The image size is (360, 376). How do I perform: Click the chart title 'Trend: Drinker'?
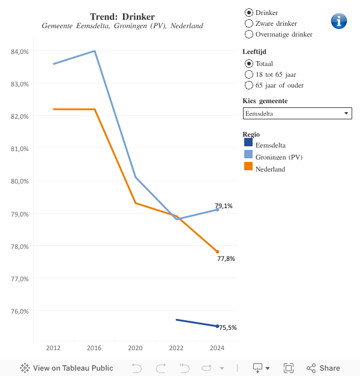tap(122, 16)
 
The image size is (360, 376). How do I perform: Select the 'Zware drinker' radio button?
tap(249, 23)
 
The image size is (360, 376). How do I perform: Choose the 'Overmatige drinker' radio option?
tap(249, 34)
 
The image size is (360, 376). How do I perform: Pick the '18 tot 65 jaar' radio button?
tap(249, 74)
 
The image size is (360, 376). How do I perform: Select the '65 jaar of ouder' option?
tap(249, 85)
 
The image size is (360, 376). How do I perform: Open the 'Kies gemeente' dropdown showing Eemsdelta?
tap(297, 113)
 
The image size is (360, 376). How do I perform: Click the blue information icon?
tap(339, 21)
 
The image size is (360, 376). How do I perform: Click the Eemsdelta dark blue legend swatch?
tap(248, 143)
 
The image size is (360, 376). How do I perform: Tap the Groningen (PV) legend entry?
tap(279, 157)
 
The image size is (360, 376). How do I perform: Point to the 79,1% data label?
tap(224, 206)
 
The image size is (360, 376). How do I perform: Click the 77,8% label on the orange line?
tap(226, 259)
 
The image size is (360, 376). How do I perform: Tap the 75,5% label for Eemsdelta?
tap(228, 328)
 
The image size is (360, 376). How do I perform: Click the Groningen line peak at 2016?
tap(94, 51)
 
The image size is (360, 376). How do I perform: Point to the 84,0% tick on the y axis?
tap(20, 52)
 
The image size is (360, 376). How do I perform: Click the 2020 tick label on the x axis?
tap(135, 348)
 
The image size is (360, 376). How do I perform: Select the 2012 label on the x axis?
tap(53, 348)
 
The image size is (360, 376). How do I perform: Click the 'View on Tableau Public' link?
tap(67, 368)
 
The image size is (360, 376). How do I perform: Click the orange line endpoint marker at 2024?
tap(217, 252)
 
